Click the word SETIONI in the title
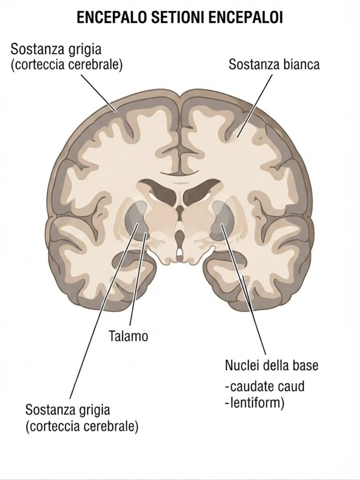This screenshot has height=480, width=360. click(x=176, y=18)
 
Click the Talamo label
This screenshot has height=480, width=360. click(x=128, y=336)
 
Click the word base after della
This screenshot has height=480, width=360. click(x=305, y=365)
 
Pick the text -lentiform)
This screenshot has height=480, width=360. click(x=255, y=403)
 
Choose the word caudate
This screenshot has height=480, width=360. click(x=250, y=386)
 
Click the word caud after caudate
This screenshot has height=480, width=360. click(x=292, y=386)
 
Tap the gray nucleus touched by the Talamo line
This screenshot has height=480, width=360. click(x=136, y=220)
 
